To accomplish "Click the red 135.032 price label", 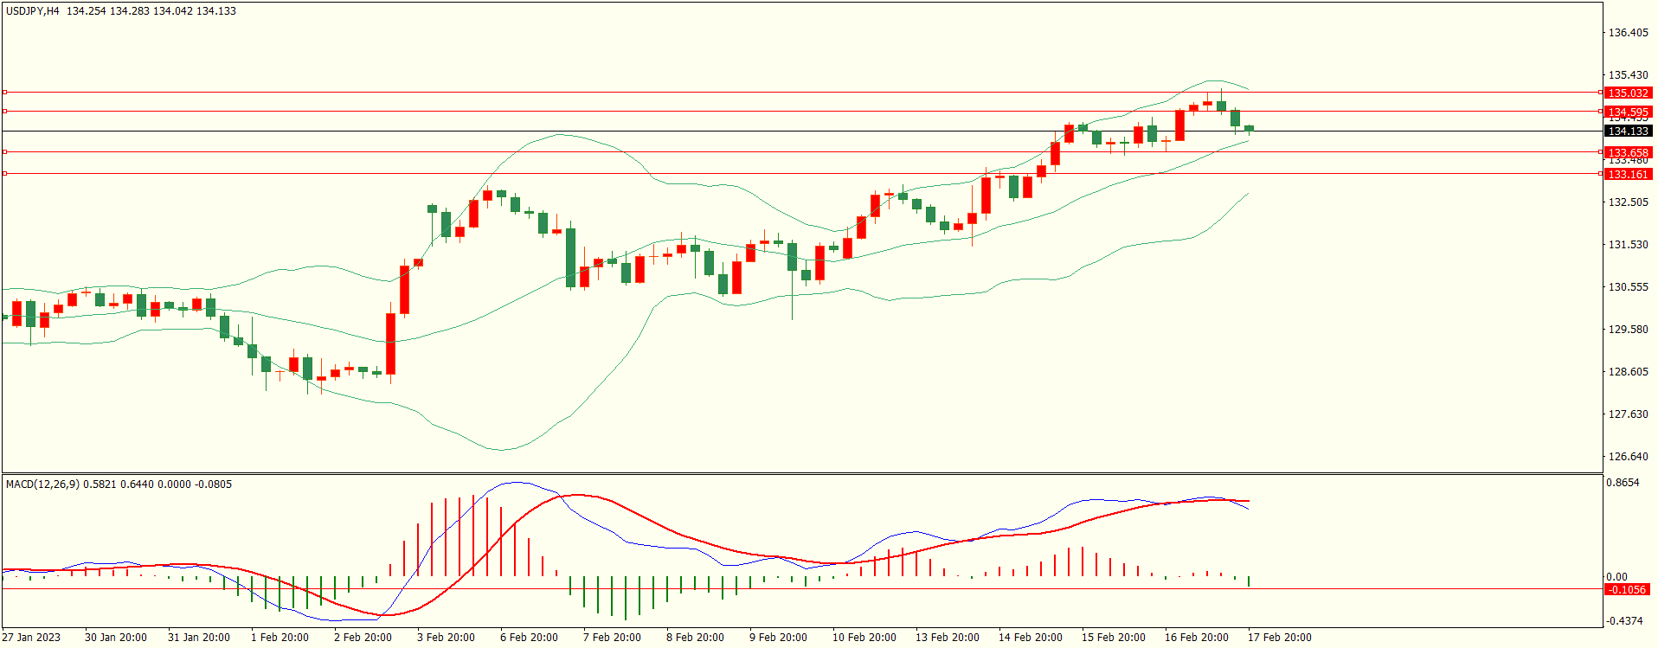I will click(1627, 93).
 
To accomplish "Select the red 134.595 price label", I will click(1627, 112).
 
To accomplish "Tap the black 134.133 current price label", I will click(1627, 132).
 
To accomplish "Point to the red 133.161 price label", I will click(1627, 174).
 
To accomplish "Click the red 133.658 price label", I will click(1627, 152).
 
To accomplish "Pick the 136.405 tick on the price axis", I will click(1627, 33).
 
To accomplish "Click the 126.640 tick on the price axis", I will click(1627, 457).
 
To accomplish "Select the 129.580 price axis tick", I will click(1627, 330).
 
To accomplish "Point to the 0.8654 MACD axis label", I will click(1623, 483).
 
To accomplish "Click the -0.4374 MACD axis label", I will click(1624, 621).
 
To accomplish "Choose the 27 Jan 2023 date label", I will click(31, 638).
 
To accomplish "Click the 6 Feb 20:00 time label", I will click(529, 638).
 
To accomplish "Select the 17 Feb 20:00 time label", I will click(1279, 638).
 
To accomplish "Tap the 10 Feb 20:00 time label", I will click(864, 638).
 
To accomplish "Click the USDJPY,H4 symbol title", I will click(33, 11).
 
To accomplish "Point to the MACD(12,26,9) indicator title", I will click(42, 484).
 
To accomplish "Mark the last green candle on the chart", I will click(1249, 128).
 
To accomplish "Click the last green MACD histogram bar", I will click(1249, 581).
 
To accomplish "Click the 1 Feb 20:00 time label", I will click(280, 638).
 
